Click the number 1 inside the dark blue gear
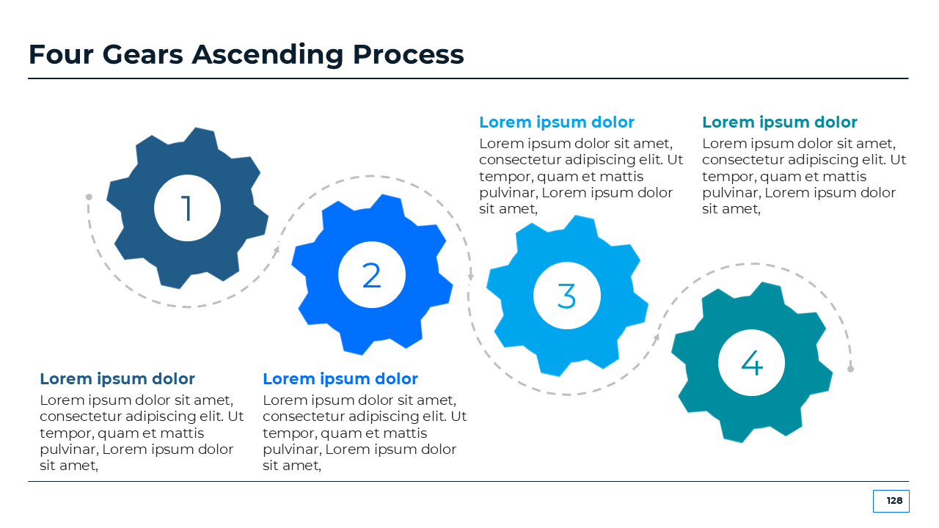pos(187,208)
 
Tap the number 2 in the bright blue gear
pos(371,275)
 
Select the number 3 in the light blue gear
pos(567,296)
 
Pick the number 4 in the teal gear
pos(752,363)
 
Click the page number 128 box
pos(891,501)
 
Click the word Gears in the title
pos(142,54)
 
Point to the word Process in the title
pos(409,54)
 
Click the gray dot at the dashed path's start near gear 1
pos(89,197)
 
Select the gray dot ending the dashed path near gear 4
pos(850,369)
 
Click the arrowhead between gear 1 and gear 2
pos(277,249)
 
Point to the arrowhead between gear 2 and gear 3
pos(471,276)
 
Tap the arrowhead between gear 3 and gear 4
pos(657,337)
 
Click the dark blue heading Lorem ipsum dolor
pos(117,379)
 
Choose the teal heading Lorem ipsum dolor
pos(780,122)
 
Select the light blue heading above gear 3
pos(557,122)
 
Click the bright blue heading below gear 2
pos(340,379)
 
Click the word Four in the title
pos(61,54)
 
